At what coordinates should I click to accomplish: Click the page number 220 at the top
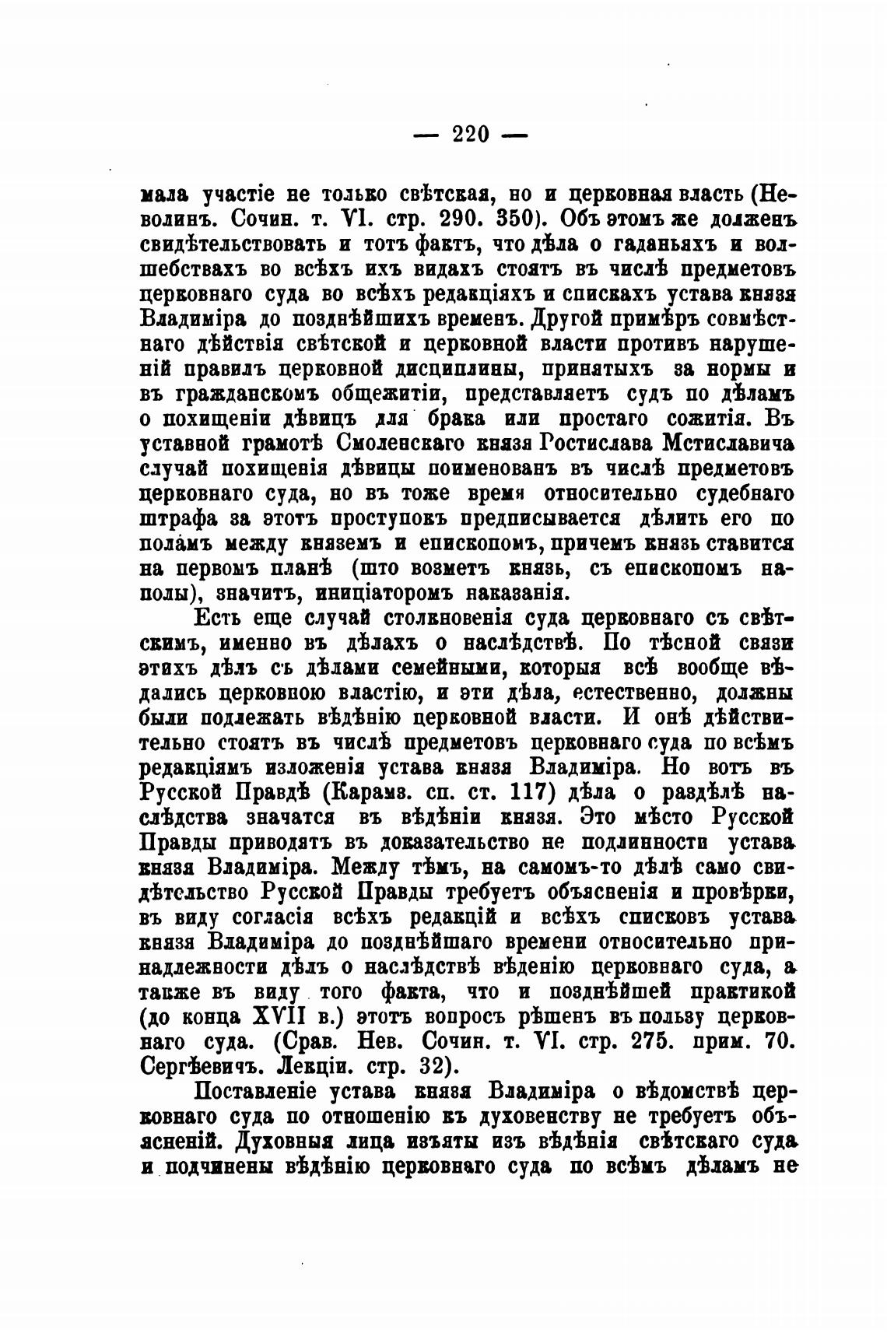pyautogui.click(x=471, y=135)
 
